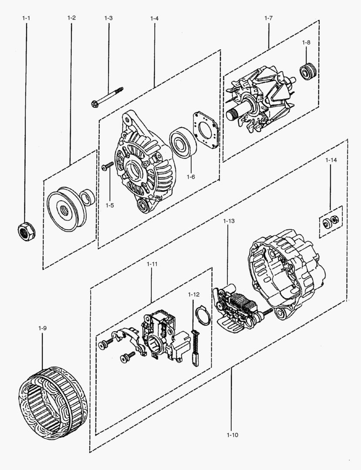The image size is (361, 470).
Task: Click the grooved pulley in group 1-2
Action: click(x=64, y=208)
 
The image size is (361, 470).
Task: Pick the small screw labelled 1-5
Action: click(x=108, y=166)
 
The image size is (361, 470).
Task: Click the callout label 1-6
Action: click(x=191, y=177)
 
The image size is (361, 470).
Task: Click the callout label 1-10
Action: click(x=232, y=434)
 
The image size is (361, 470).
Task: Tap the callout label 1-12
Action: click(x=194, y=295)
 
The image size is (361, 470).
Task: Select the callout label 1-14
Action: click(x=331, y=160)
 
